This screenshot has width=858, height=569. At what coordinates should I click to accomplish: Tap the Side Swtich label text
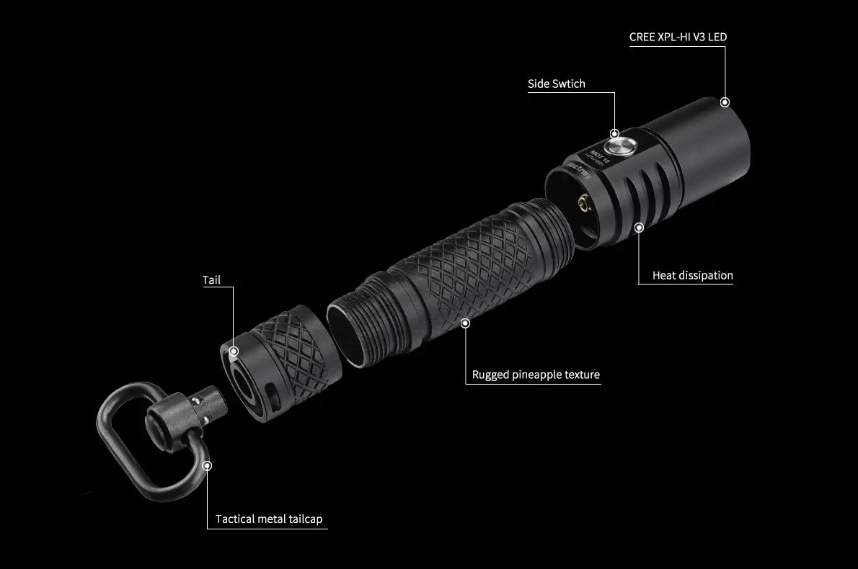(x=556, y=84)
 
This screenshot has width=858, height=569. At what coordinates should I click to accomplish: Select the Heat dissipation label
(x=692, y=275)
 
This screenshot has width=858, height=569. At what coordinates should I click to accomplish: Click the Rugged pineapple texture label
(x=536, y=375)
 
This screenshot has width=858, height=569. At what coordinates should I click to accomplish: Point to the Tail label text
(x=211, y=280)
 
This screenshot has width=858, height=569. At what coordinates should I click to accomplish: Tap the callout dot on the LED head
(x=725, y=103)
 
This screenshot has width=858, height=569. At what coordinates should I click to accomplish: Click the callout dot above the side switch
(x=614, y=133)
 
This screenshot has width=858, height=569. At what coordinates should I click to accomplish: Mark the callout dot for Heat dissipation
(x=638, y=228)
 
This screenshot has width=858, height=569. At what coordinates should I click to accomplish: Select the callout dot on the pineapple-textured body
(x=465, y=323)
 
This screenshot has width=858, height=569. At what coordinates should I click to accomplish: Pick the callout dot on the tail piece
(x=234, y=352)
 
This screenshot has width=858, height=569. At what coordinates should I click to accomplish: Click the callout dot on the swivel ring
(x=208, y=466)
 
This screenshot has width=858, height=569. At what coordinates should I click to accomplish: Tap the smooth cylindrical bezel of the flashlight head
(x=710, y=144)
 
